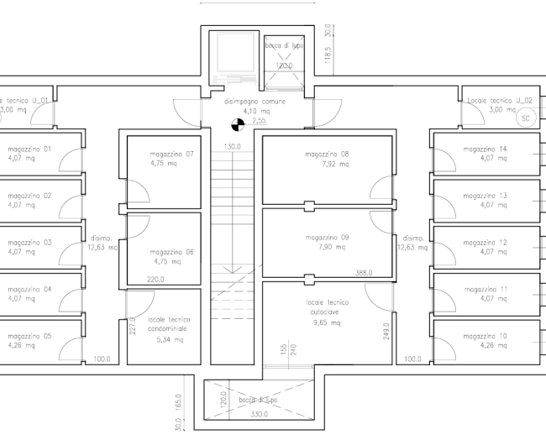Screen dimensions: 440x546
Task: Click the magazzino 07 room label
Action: pyautogui.click(x=172, y=154)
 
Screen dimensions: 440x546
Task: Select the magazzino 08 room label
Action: pyautogui.click(x=328, y=154)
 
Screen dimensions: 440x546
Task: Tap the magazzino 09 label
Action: pyautogui.click(x=328, y=238)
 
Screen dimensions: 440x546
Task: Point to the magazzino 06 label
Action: pyautogui.click(x=172, y=252)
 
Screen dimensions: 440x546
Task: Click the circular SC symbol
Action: pyautogui.click(x=527, y=118)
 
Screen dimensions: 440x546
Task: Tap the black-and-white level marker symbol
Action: pyautogui.click(x=238, y=126)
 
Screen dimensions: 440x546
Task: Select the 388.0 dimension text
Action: pyautogui.click(x=364, y=272)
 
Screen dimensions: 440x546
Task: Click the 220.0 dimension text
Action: pyautogui.click(x=155, y=280)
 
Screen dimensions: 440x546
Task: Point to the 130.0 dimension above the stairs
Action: pyautogui.click(x=232, y=146)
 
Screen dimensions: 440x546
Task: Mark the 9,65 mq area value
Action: pyautogui.click(x=327, y=322)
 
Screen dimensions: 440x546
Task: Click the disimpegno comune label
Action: pyautogui.click(x=255, y=102)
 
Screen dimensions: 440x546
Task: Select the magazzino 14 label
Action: pyautogui.click(x=485, y=149)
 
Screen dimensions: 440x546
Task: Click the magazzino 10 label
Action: pyautogui.click(x=485, y=336)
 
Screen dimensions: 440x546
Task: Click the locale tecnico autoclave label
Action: pyautogui.click(x=327, y=306)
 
